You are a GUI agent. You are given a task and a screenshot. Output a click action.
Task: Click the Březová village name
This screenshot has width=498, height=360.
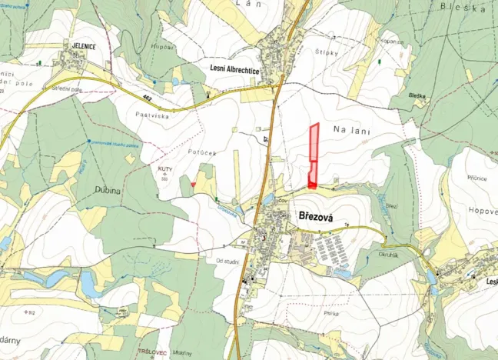(315, 218)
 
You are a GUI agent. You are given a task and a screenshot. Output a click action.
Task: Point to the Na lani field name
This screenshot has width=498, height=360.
(352, 132)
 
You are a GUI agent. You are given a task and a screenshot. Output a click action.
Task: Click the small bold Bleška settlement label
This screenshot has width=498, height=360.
(417, 95)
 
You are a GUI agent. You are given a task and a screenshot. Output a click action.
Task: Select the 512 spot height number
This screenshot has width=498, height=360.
(31, 312)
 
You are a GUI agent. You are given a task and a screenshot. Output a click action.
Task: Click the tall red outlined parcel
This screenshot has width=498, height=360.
(314, 154)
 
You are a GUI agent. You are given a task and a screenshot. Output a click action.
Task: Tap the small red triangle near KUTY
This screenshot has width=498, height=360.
(192, 184)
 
